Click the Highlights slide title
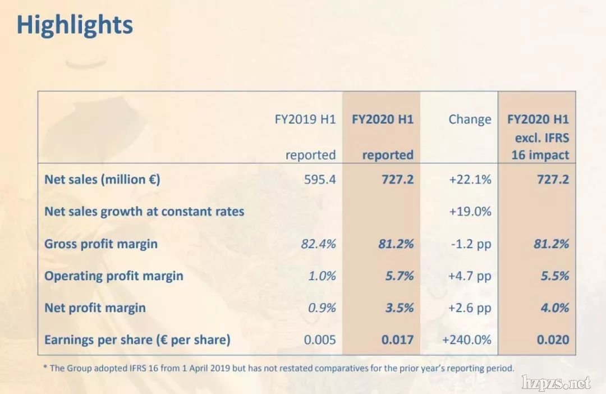tap(75, 25)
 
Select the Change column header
tap(470, 120)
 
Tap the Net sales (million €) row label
tap(103, 180)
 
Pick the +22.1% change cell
tap(470, 180)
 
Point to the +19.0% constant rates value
tap(470, 212)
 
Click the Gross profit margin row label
tap(101, 244)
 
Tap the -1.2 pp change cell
tap(470, 244)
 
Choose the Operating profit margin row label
tap(114, 276)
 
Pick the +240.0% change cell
tap(466, 340)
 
